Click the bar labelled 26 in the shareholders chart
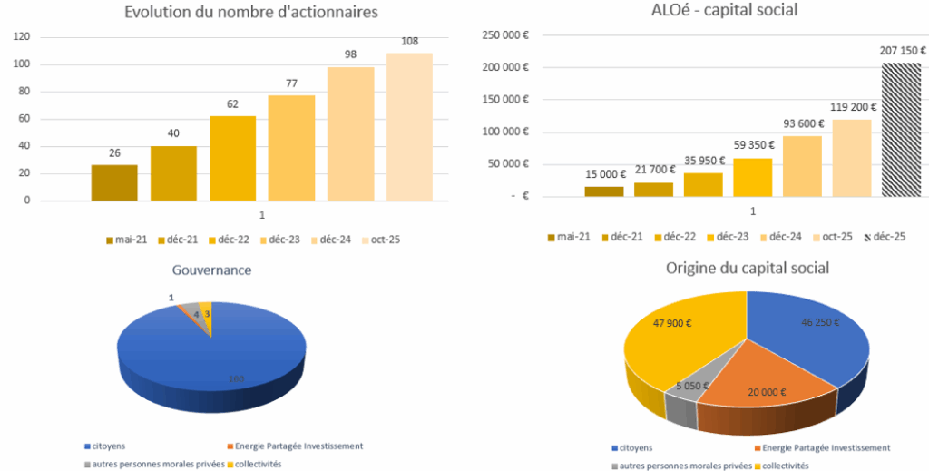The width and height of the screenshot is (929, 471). (x=114, y=182)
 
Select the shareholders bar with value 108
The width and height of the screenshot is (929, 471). (x=409, y=126)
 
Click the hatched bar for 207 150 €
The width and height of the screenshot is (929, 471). (x=902, y=129)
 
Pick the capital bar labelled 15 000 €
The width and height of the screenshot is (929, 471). (x=604, y=191)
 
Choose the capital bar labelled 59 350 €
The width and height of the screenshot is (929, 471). (x=753, y=177)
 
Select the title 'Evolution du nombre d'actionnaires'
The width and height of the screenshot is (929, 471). (x=250, y=12)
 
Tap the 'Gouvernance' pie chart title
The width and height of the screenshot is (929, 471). (x=211, y=270)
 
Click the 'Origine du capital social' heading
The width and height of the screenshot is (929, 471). (x=747, y=268)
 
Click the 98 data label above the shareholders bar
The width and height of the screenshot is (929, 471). (x=350, y=54)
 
